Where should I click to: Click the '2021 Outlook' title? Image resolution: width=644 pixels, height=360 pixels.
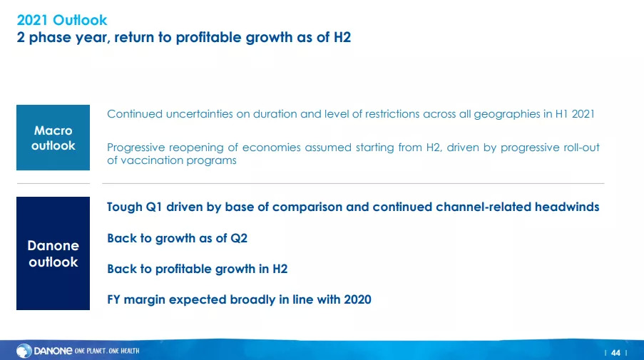coord(61,20)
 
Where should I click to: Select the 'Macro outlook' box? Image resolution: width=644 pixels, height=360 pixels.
coord(53,138)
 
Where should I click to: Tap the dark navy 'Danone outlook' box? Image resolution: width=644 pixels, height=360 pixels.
coord(53,253)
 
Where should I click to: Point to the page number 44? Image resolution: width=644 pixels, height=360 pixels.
coord(615,353)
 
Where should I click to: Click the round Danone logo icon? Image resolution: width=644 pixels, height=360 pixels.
coord(24,351)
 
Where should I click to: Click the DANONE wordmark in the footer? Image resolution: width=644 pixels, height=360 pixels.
coord(53,351)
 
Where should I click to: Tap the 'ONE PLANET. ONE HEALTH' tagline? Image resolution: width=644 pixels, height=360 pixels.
coord(107,351)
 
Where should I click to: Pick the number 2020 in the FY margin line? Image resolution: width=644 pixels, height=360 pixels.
coord(357,299)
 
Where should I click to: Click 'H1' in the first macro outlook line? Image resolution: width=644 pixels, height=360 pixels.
coord(561,114)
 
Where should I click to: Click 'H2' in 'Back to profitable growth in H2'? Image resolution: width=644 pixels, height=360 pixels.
coord(280,269)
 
